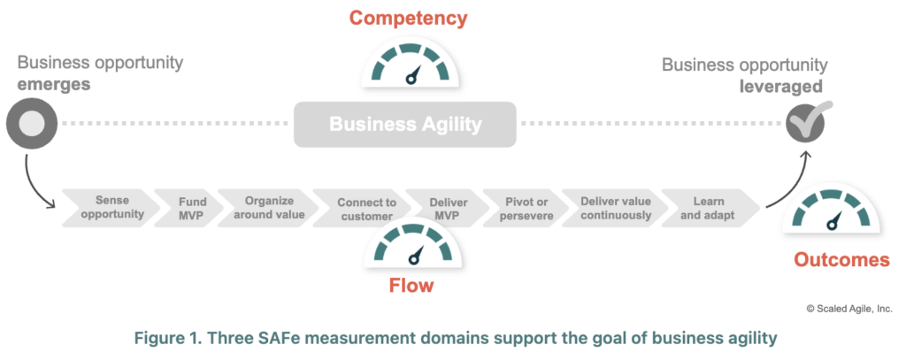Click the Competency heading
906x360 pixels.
click(x=408, y=18)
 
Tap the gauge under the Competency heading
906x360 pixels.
click(x=409, y=65)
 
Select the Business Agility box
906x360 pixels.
click(x=405, y=124)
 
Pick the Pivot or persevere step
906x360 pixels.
click(x=517, y=208)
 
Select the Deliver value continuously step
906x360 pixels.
click(x=605, y=208)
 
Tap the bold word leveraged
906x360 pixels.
click(x=781, y=86)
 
